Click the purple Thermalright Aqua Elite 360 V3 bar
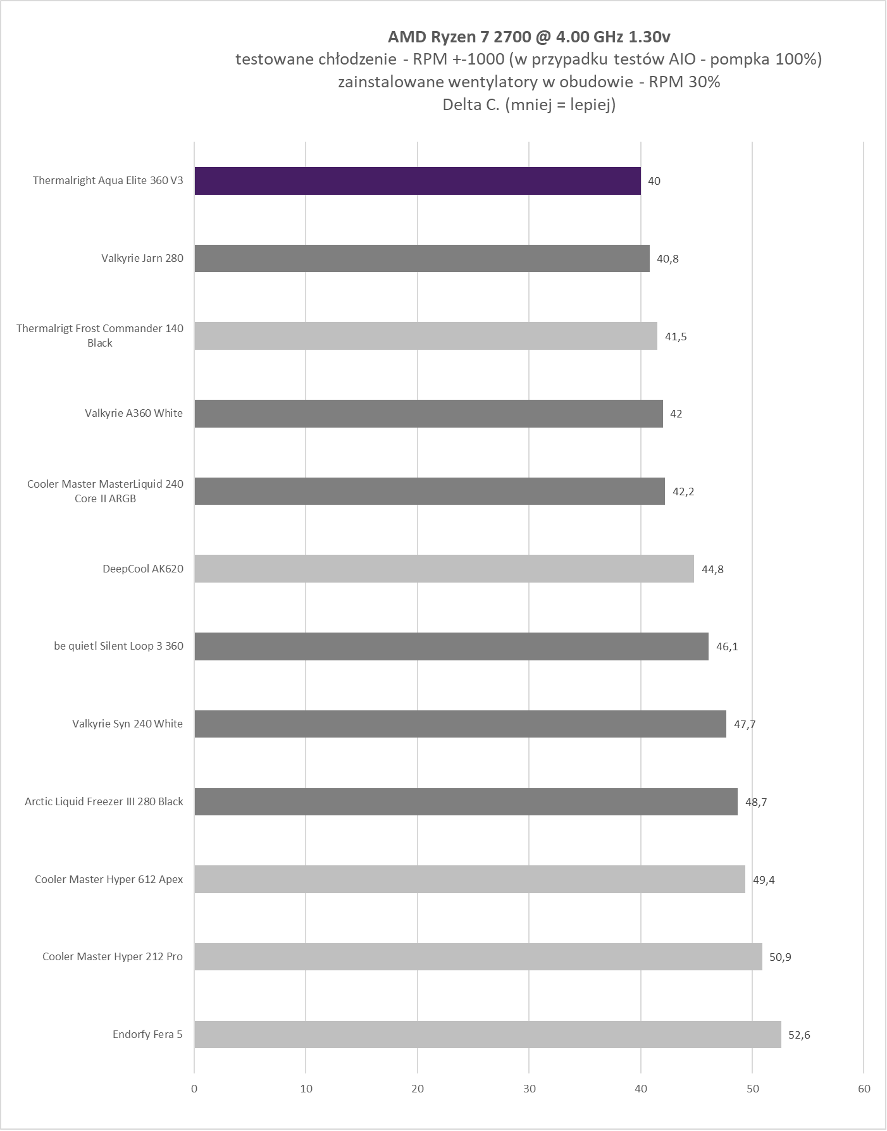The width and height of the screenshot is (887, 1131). coord(418,181)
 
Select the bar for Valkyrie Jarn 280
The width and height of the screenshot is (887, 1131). coord(422,258)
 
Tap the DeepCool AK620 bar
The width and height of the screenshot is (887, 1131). coord(444,569)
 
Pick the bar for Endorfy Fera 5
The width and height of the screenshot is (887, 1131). coord(488,1035)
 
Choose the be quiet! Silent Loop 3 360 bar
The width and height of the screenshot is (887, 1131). coord(451,646)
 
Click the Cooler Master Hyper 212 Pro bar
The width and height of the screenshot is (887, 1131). coord(478,957)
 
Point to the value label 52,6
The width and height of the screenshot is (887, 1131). coord(799,1035)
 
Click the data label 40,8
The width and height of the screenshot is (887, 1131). coord(667,259)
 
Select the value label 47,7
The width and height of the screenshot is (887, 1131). coord(745,724)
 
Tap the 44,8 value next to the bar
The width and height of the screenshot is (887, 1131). coord(712,569)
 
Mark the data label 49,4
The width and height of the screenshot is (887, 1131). coord(764,880)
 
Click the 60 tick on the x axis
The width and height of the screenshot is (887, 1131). coord(864,1089)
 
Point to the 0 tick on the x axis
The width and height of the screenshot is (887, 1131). coord(194,1089)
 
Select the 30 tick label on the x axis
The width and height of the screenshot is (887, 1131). coord(530,1089)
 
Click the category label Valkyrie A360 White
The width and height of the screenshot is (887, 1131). coord(133,413)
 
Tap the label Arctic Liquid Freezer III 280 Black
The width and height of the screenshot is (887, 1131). coord(104,801)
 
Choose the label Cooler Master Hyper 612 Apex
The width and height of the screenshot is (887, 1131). coord(109,879)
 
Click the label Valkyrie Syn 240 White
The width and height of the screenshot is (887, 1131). coord(127,724)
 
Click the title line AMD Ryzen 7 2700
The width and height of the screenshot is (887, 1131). coord(529,37)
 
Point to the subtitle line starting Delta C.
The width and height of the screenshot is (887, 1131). coord(529,105)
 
